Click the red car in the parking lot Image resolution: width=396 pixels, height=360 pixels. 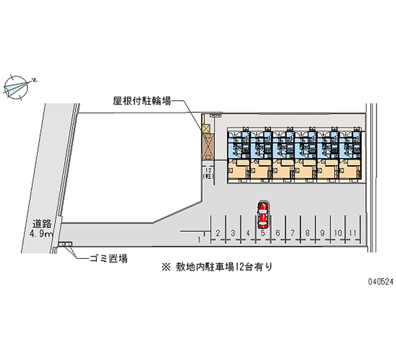point(262,214)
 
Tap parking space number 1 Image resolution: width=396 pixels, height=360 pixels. point(199,239)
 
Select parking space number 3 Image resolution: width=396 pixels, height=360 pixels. point(233,232)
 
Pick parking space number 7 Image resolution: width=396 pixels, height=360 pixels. point(293,232)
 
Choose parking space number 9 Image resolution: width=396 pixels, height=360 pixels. point(322,232)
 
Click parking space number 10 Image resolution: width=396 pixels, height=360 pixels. point(338,232)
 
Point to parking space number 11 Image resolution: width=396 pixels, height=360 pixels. point(352,232)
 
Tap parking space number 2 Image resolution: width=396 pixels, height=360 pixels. point(218,232)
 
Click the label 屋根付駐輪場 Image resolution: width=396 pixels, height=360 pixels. point(142,101)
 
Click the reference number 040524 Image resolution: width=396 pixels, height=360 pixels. point(380,280)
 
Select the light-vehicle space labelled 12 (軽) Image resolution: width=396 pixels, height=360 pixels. point(207,173)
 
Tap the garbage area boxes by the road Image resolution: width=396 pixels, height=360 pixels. point(65,244)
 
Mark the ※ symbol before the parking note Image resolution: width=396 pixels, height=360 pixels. point(166,266)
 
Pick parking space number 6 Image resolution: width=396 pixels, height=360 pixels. point(278,232)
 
